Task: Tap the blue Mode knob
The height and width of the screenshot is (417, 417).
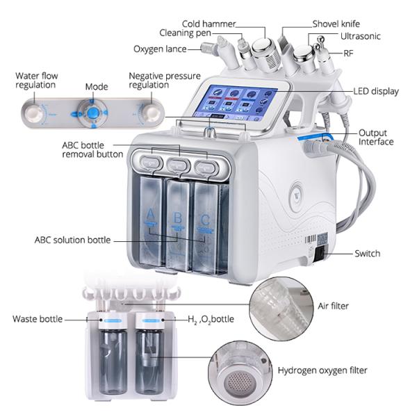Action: pos(88,111)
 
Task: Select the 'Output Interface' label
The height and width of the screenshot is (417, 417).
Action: pos(376,137)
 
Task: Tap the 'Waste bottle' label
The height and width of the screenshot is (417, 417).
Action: pos(37,320)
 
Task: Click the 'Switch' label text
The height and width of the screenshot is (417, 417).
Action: pos(367,254)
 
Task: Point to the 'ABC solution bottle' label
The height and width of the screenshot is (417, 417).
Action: pos(72,240)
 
